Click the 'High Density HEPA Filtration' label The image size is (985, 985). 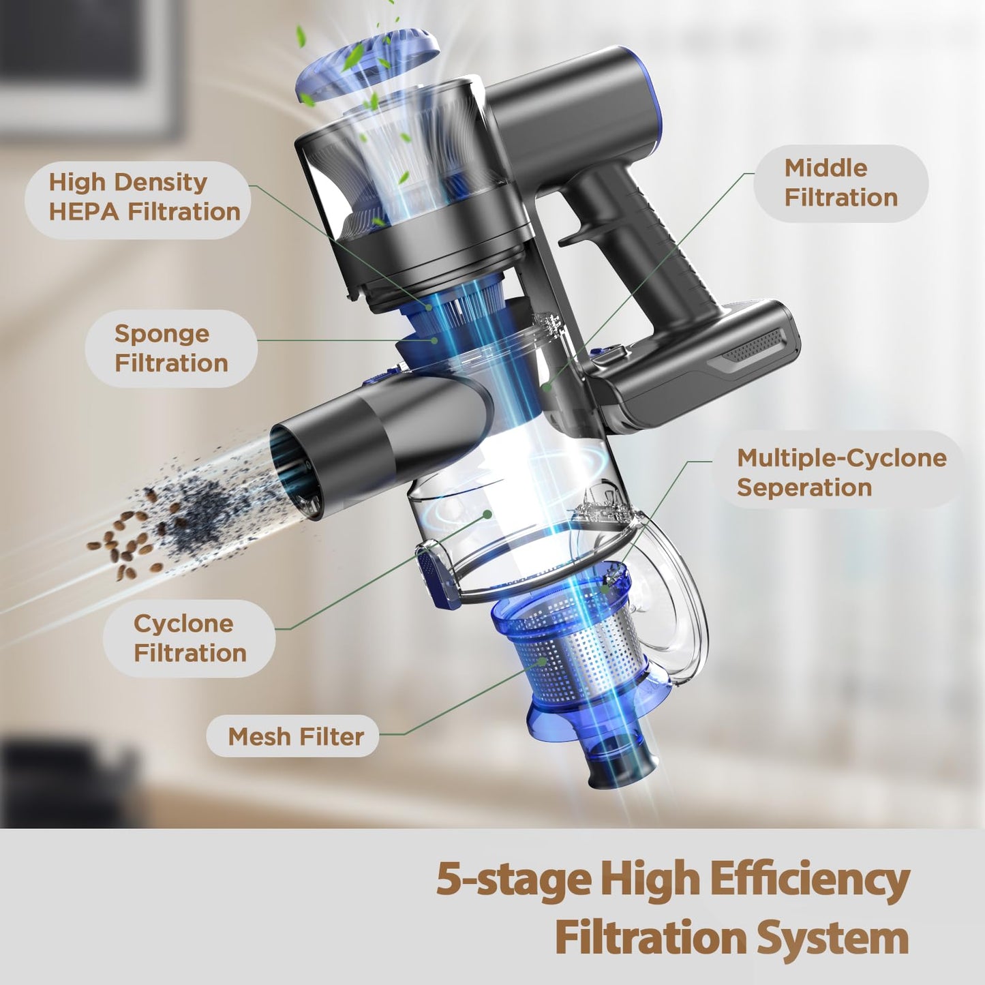click(145, 197)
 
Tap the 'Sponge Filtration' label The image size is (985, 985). click(171, 348)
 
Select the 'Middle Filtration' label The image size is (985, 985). click(841, 183)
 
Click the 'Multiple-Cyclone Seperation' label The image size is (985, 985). click(841, 472)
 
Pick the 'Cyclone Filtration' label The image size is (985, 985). click(190, 639)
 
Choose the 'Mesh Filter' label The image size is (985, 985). click(296, 737)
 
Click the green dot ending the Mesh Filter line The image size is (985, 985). click(543, 661)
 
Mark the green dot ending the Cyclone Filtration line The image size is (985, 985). click(488, 513)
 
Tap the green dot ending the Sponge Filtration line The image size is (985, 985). click(434, 340)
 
